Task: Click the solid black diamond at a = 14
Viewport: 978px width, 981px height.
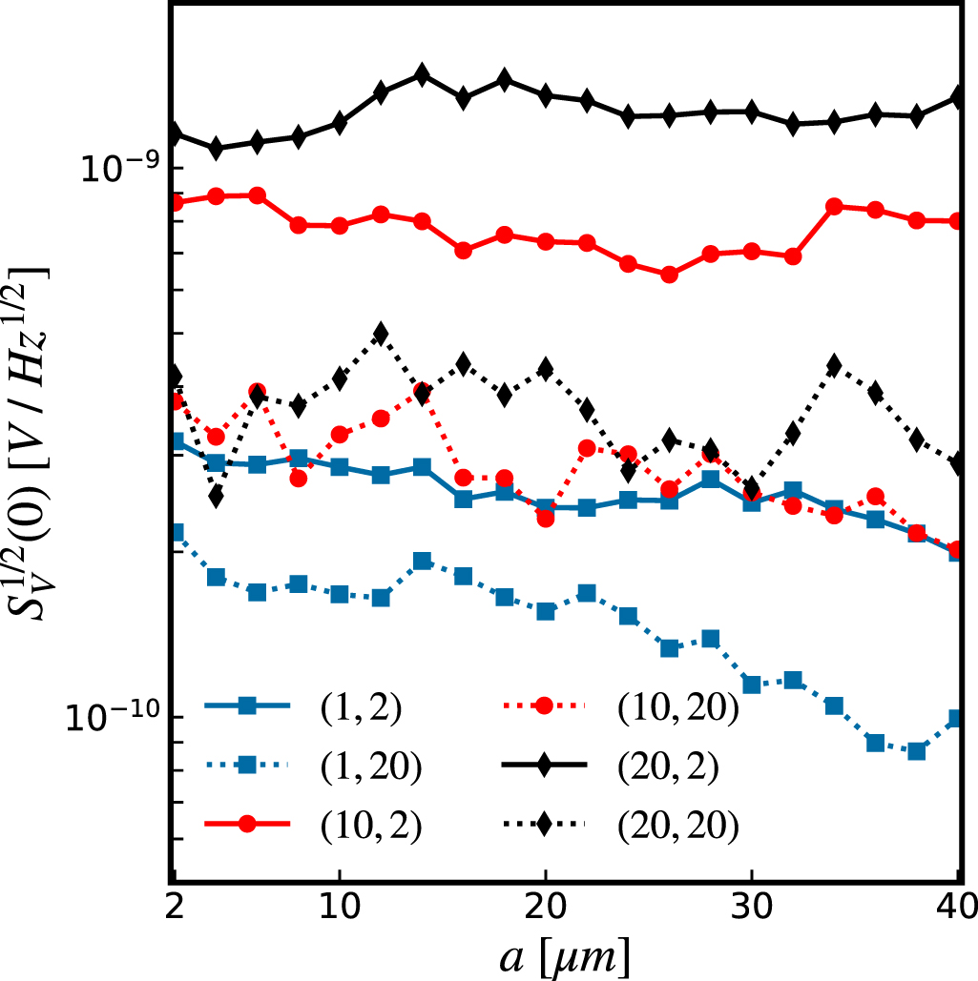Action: [x=422, y=75]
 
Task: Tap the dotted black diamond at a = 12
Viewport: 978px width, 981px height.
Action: [x=381, y=334]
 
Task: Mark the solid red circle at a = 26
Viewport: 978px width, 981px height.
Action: [x=670, y=275]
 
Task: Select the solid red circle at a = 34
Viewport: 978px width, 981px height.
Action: [x=834, y=206]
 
